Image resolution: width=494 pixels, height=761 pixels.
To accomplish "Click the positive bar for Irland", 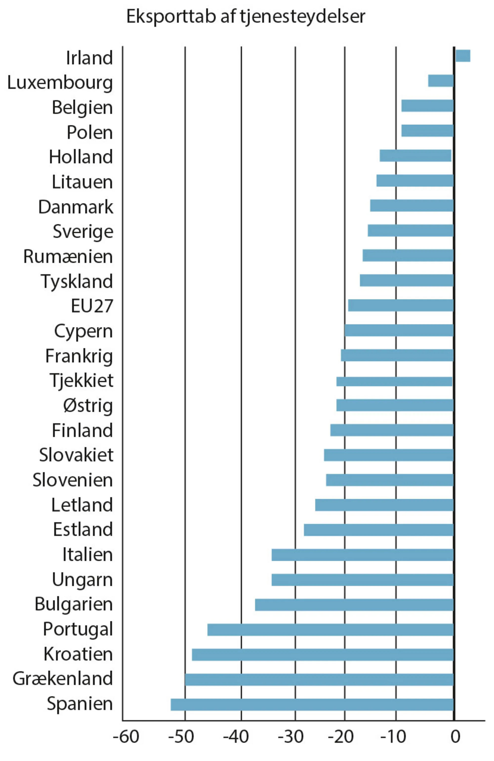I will click(x=462, y=56).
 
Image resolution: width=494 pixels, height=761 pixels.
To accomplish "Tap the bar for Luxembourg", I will click(x=441, y=81).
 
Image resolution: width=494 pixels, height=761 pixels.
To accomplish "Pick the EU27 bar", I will click(x=401, y=305).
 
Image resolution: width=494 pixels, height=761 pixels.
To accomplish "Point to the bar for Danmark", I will click(x=412, y=205).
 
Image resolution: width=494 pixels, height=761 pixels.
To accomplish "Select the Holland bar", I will click(x=415, y=155).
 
